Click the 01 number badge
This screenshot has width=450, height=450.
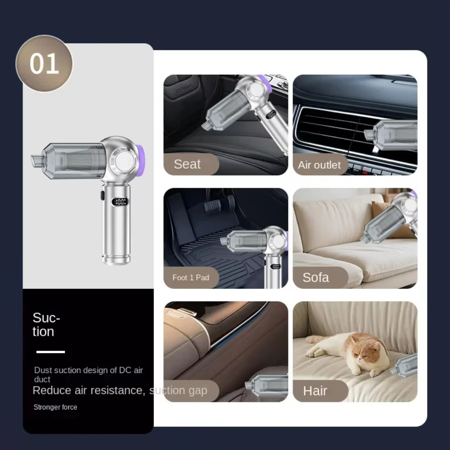pyautogui.click(x=44, y=63)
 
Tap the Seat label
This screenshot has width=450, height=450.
pyautogui.click(x=187, y=164)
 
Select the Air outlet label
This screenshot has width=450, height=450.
pyautogui.click(x=319, y=165)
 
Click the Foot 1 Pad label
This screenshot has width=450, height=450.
pyautogui.click(x=191, y=278)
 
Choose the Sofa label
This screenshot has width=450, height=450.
pyautogui.click(x=316, y=278)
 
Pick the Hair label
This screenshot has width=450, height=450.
pyautogui.click(x=315, y=391)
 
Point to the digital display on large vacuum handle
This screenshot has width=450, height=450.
pyautogui.click(x=120, y=202)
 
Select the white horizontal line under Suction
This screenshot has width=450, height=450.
pyautogui.click(x=50, y=352)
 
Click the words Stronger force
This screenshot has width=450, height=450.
pyautogui.click(x=55, y=407)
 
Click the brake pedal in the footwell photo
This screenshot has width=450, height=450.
pyautogui.click(x=213, y=205)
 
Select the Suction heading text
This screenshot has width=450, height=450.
pyautogui.click(x=46, y=324)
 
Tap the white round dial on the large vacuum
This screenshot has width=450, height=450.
pyautogui.click(x=123, y=161)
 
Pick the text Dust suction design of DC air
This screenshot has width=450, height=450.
pyautogui.click(x=88, y=370)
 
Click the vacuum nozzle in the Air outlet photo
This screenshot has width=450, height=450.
pyautogui.click(x=370, y=135)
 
